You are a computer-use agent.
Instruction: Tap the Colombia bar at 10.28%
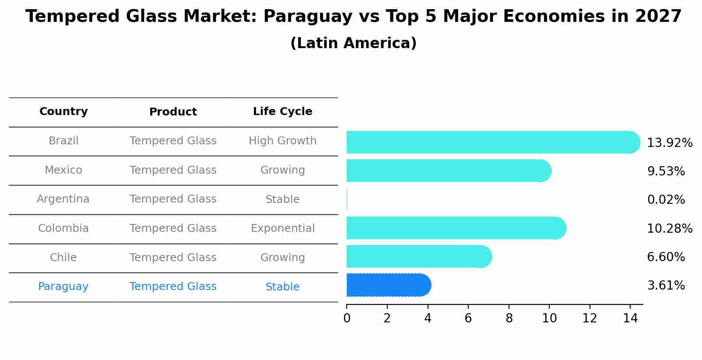456,228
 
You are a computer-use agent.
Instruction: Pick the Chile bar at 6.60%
418,256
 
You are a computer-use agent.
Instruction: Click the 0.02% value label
666,200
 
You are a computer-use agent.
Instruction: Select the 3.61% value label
666,286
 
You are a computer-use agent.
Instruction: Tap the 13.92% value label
669,143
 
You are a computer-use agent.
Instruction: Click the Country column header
63,112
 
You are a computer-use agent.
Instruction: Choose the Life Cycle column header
282,112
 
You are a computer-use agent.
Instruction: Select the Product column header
173,112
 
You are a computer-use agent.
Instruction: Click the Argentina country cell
63,199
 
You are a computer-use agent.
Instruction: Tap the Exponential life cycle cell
282,228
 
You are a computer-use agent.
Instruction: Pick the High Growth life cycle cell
282,141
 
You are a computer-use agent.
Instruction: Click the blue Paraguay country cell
63,287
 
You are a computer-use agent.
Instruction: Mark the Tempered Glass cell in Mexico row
173,170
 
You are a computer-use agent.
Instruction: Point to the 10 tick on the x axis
549,318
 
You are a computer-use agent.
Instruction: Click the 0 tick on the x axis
347,318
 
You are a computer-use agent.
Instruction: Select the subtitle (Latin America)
353,43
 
